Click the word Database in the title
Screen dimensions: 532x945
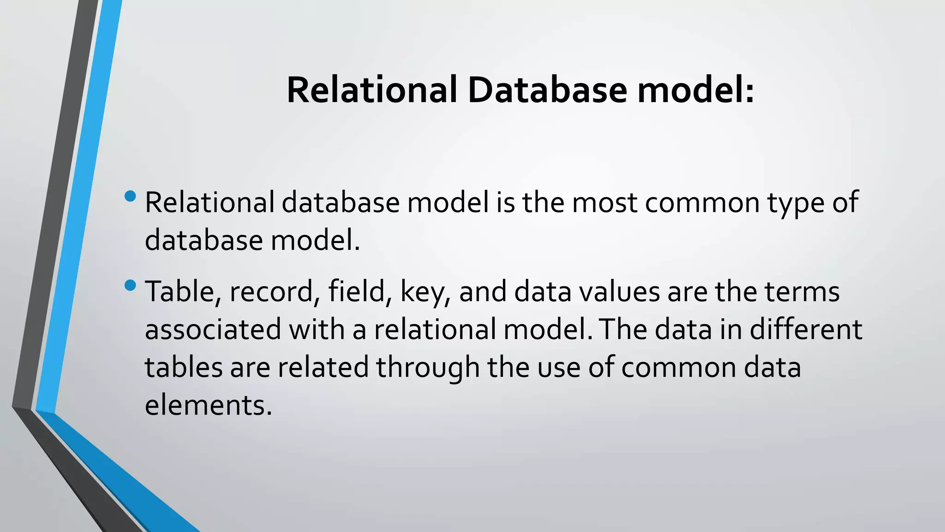tap(547, 90)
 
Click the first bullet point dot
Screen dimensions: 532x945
tap(131, 196)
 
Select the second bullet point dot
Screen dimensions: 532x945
tap(131, 285)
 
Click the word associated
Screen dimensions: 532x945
tap(213, 330)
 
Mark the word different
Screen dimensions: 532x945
tap(806, 329)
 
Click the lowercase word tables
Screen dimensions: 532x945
tap(184, 368)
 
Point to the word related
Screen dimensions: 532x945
tap(323, 368)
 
